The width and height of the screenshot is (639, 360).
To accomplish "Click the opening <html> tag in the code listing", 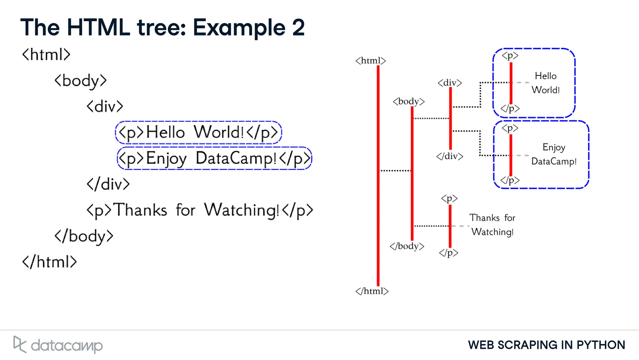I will [46, 55].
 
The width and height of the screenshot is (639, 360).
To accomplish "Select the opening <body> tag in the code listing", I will [80, 80].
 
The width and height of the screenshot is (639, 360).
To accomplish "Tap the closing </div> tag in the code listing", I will [108, 184].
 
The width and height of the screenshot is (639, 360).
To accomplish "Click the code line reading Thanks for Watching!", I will [200, 210].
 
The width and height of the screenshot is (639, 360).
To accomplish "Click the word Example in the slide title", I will [239, 27].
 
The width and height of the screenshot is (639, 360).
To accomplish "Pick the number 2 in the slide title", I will [298, 27].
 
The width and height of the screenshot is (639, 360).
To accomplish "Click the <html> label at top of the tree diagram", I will [371, 61].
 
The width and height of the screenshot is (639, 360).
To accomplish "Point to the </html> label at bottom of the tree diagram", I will [372, 291].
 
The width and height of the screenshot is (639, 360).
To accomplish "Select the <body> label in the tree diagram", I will [409, 101].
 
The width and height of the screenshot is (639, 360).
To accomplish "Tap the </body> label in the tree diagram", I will [407, 246].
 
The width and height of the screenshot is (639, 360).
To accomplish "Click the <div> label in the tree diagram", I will [450, 83].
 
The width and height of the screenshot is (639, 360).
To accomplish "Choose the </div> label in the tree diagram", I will [450, 156].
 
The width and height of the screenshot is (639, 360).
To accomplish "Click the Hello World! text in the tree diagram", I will [546, 83].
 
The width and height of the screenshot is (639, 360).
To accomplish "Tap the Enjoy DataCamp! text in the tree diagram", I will [554, 154].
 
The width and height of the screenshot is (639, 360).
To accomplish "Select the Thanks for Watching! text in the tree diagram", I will [492, 225].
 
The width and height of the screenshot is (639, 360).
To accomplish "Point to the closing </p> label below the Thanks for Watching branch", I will [449, 253].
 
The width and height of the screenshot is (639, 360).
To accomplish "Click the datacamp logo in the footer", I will [58, 345].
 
